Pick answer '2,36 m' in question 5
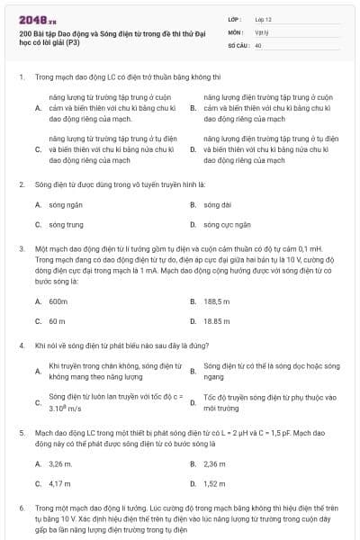(x=215, y=463)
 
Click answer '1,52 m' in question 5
(x=215, y=483)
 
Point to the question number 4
(x=21, y=345)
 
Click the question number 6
(x=21, y=508)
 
